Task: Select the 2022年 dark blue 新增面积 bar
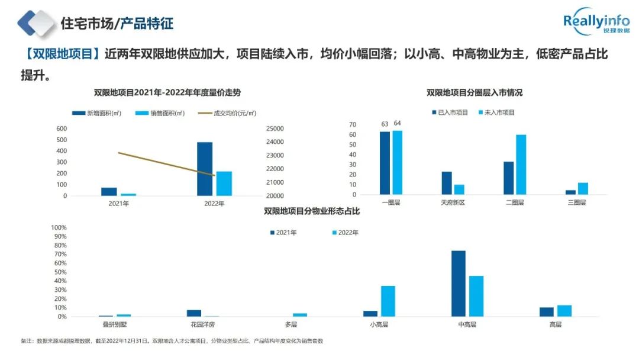205,169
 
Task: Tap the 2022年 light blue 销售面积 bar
224,184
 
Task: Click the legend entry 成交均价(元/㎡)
234,113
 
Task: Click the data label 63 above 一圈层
385,124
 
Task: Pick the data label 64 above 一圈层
397,123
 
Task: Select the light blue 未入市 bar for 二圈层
521,165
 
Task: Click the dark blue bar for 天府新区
447,183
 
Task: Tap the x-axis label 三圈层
576,202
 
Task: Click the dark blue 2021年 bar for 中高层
459,284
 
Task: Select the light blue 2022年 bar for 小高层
388,301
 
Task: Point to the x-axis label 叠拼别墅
114,324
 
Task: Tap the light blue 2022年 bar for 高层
564,311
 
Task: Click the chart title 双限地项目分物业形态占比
312,211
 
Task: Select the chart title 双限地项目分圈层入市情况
475,92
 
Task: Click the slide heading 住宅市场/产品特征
117,24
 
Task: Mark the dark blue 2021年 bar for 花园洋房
194,313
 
